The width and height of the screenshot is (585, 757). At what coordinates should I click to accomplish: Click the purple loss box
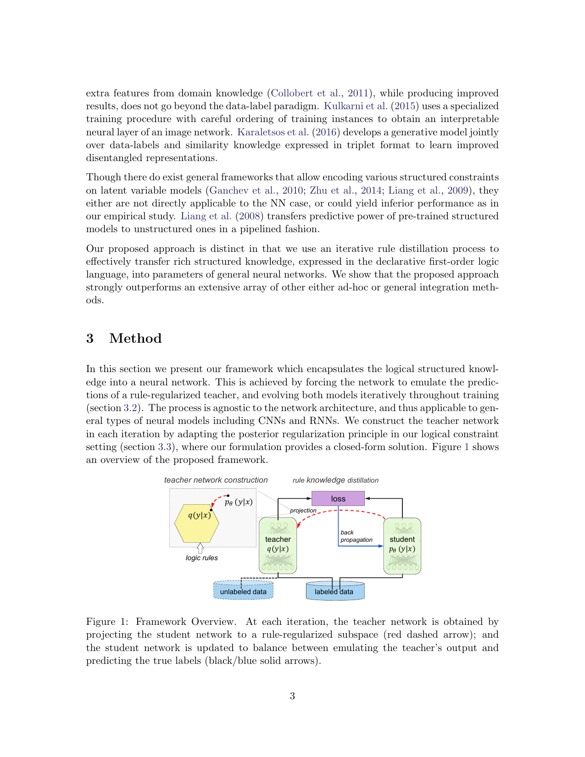click(x=338, y=499)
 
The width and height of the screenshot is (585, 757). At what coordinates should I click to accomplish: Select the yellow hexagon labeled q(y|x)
click(x=197, y=523)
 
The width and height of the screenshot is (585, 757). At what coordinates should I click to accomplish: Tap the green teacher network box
click(x=278, y=545)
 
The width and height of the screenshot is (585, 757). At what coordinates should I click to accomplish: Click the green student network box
click(x=402, y=545)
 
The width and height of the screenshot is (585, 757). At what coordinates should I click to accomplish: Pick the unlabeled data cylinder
click(x=243, y=590)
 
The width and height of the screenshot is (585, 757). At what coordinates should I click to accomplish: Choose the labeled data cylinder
click(x=334, y=591)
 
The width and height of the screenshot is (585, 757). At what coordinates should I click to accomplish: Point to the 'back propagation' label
click(x=356, y=536)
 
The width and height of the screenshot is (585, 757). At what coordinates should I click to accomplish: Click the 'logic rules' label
click(x=201, y=558)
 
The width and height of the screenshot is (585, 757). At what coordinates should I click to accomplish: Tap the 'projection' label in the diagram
click(x=303, y=510)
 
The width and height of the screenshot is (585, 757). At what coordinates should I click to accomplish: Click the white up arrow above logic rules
click(x=200, y=548)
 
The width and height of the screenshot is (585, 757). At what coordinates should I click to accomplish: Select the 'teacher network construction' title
click(x=216, y=480)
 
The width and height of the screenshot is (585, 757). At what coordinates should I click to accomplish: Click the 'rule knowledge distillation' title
click(x=335, y=480)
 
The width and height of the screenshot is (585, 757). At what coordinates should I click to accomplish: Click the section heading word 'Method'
click(x=135, y=339)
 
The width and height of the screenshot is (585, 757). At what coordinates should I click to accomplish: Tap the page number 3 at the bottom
click(x=292, y=696)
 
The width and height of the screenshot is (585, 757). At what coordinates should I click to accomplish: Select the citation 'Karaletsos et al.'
click(x=273, y=132)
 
